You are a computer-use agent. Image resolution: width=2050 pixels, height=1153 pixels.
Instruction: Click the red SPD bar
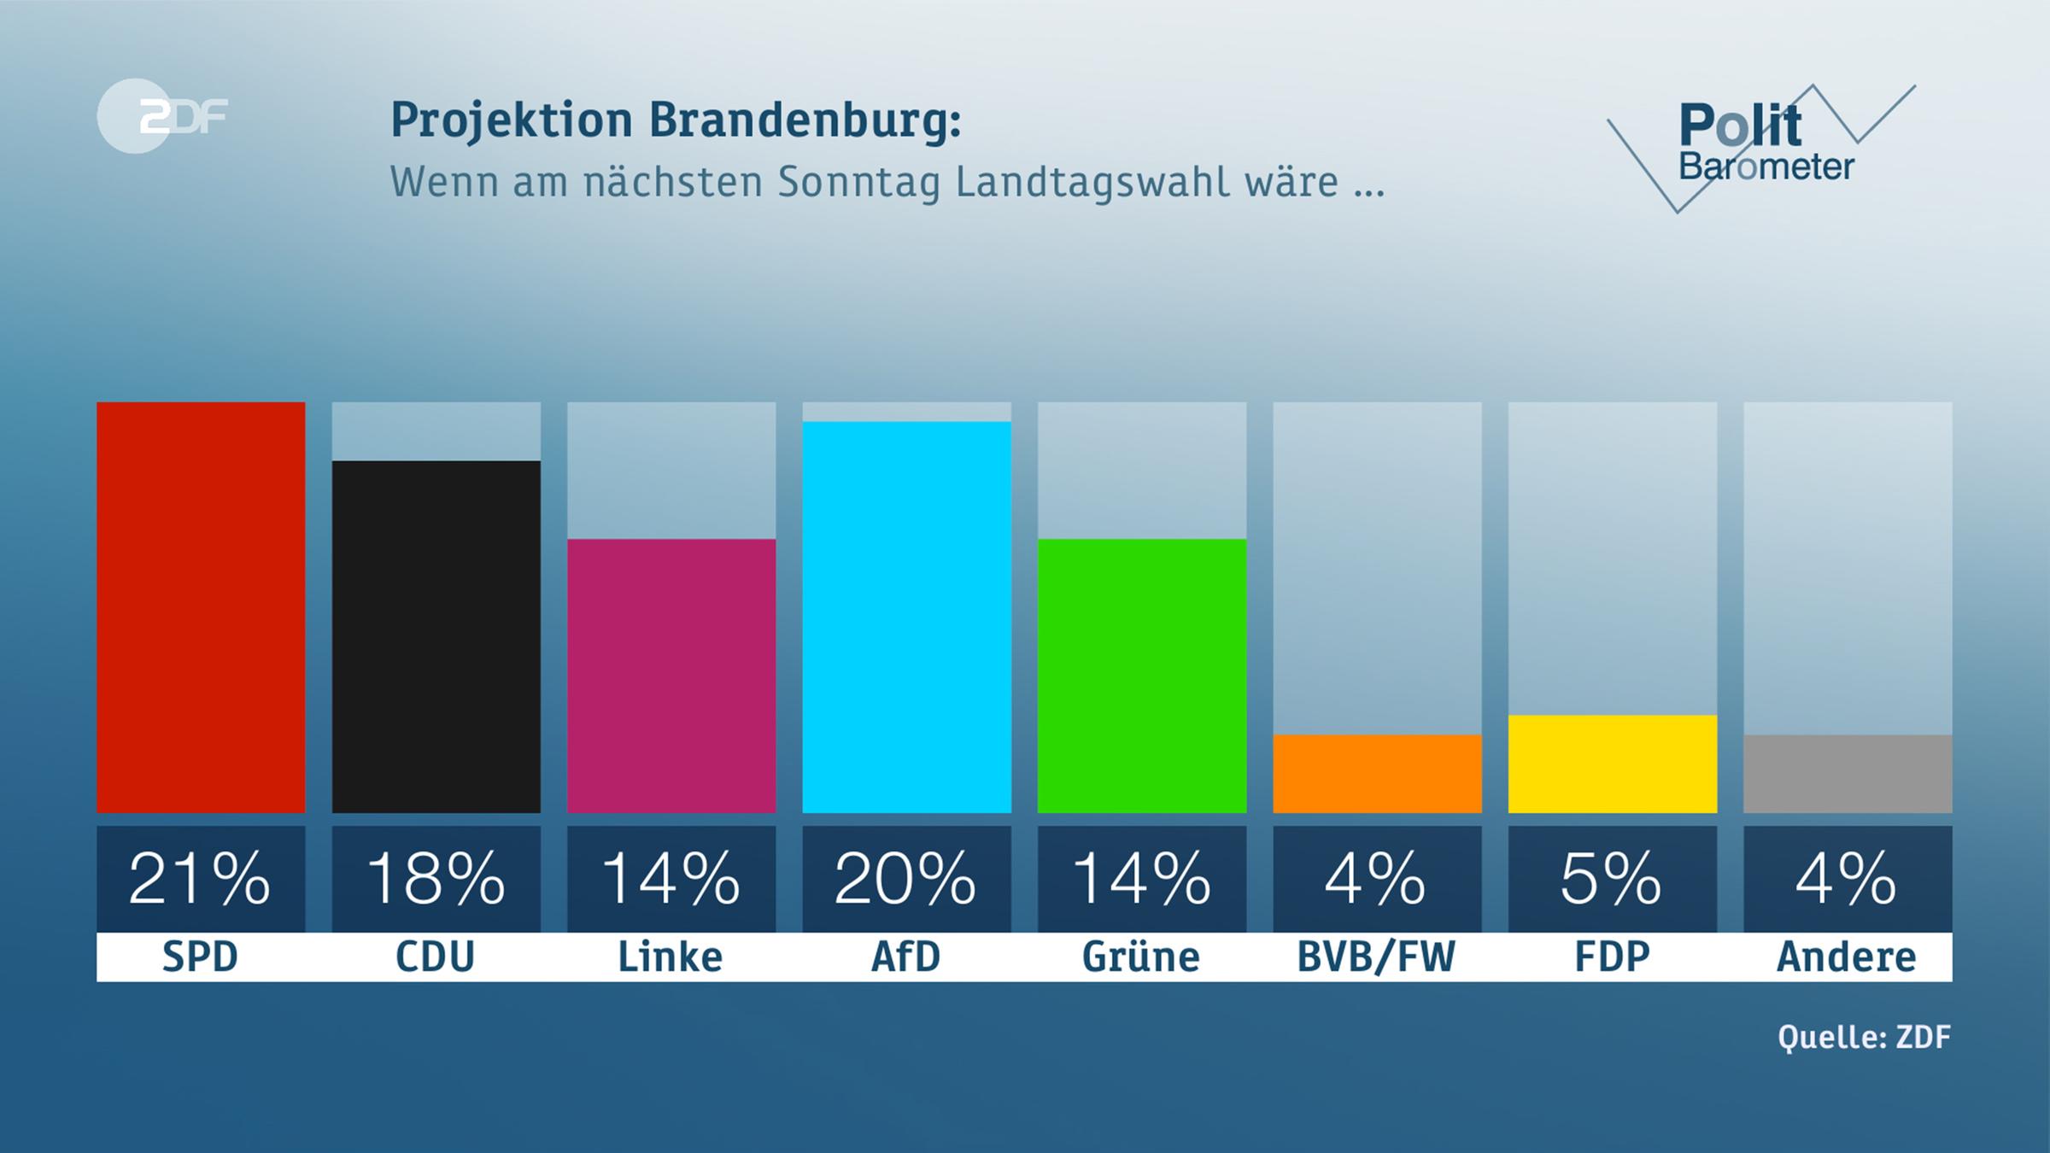pos(201,607)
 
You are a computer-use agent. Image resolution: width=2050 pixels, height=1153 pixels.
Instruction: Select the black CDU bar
pos(436,636)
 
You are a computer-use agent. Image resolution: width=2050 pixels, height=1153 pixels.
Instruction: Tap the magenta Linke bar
pos(671,676)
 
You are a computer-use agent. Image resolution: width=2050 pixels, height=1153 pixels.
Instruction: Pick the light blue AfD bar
pos(906,617)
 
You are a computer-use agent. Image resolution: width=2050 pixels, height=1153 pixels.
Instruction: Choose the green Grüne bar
pos(1142,676)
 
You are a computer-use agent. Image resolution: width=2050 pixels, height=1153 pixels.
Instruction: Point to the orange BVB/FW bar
pos(1377,774)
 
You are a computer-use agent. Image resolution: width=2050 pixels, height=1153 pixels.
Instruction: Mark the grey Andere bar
pos(1848,774)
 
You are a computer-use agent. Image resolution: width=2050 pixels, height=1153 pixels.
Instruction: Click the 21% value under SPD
pos(201,879)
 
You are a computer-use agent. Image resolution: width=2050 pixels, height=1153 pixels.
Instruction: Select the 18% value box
pos(436,879)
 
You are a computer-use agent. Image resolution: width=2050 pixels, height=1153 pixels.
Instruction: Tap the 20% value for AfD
pos(906,879)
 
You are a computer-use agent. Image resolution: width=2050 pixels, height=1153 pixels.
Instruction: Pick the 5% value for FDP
pos(1613,879)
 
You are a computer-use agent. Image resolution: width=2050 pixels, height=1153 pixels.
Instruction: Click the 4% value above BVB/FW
pos(1377,879)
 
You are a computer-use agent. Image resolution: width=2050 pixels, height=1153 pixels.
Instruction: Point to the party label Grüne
pos(1141,957)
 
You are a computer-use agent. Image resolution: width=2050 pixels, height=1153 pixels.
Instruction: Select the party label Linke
pos(671,957)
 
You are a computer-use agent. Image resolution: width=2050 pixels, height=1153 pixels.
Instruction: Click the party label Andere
pos(1847,957)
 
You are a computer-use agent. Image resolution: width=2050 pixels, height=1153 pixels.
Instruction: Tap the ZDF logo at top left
pos(162,116)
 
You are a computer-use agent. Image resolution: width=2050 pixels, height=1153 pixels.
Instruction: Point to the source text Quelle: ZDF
pos(1864,1037)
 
